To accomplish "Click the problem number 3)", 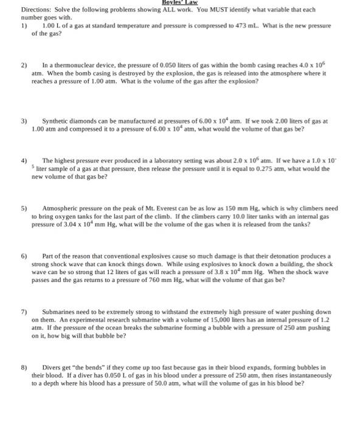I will coord(24,121).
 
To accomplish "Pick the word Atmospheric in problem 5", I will coord(62,208).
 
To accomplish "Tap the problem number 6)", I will coord(24,256).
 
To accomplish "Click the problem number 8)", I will coord(24,368).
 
